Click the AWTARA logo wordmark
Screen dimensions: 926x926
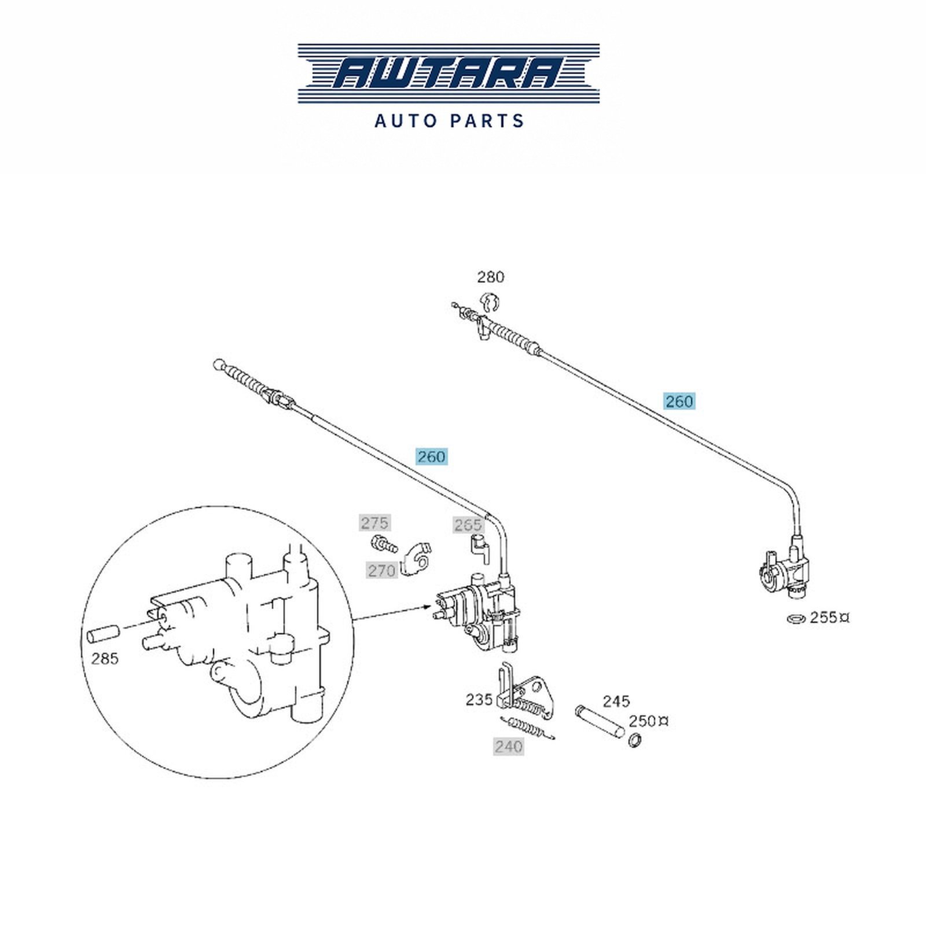point(449,73)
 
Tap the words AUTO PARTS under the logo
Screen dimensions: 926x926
point(449,121)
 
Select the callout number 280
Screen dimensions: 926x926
point(490,277)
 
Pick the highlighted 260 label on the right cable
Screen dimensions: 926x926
point(679,401)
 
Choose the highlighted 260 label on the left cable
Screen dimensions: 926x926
point(432,457)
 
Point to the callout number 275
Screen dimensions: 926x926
point(374,523)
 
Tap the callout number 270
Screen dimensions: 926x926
point(382,571)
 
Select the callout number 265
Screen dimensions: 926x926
point(468,525)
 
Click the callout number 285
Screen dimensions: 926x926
point(105,659)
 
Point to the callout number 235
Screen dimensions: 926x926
point(479,700)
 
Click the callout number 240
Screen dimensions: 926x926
point(509,747)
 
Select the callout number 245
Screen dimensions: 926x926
point(616,702)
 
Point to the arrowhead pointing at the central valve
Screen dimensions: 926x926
point(428,607)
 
